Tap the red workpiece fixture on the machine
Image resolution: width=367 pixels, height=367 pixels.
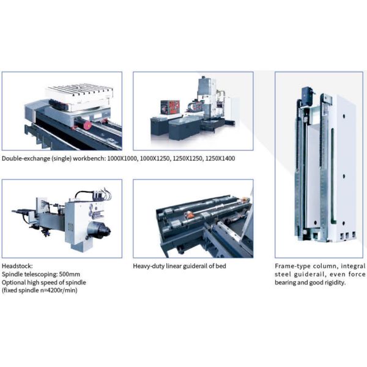(x=170, y=108)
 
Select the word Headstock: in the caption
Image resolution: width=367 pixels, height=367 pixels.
(x=17, y=266)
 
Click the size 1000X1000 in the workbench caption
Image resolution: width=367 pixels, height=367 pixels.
(x=122, y=158)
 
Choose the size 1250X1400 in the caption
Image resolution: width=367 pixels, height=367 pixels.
(x=220, y=158)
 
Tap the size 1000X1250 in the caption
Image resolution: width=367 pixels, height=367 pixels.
(x=155, y=158)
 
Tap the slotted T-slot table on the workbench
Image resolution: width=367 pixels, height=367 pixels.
(x=80, y=94)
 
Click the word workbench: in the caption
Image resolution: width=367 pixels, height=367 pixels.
(x=89, y=158)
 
